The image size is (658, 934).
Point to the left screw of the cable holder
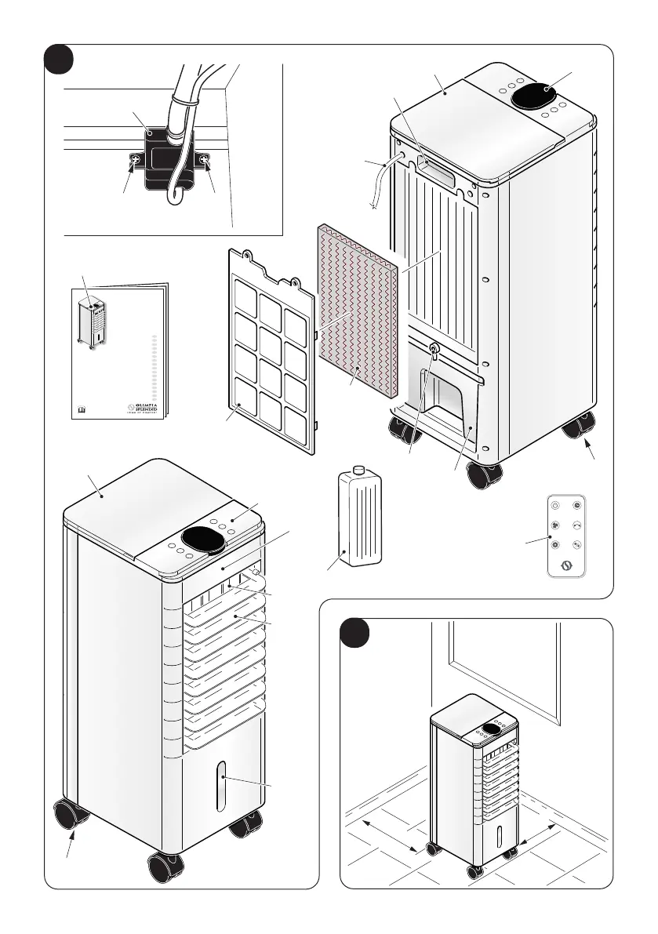click(x=136, y=162)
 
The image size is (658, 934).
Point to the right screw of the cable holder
click(x=205, y=161)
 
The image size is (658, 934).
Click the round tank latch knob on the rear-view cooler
click(x=432, y=347)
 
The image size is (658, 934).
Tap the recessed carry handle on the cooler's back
click(x=438, y=169)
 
